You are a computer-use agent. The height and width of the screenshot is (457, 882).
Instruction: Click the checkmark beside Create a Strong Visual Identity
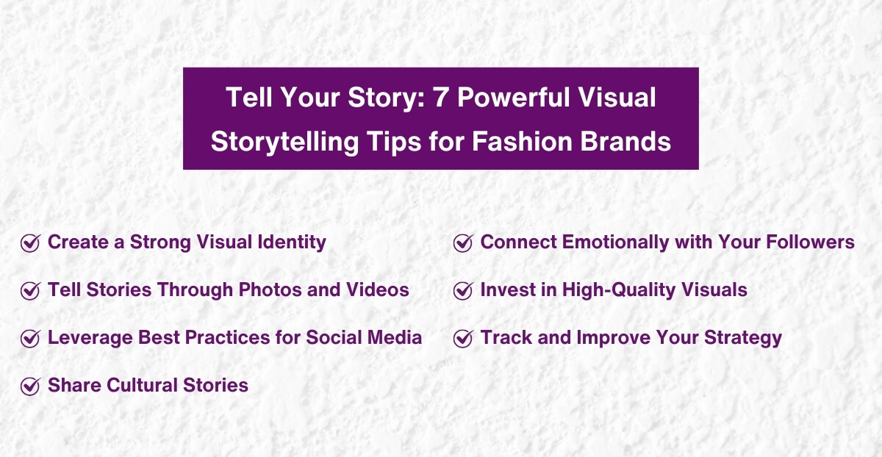point(30,243)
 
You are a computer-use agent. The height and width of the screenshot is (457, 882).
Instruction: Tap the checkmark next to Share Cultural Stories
point(30,386)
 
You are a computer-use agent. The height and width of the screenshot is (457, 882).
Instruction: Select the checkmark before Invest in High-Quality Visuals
point(463,291)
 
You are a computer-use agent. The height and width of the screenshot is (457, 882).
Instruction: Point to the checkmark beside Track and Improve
point(463,339)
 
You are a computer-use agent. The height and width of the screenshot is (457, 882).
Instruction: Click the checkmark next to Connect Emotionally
point(463,243)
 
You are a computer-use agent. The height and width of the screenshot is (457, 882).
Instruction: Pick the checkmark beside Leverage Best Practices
point(30,339)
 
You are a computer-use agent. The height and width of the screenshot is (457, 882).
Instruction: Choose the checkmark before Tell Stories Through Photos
point(30,291)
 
